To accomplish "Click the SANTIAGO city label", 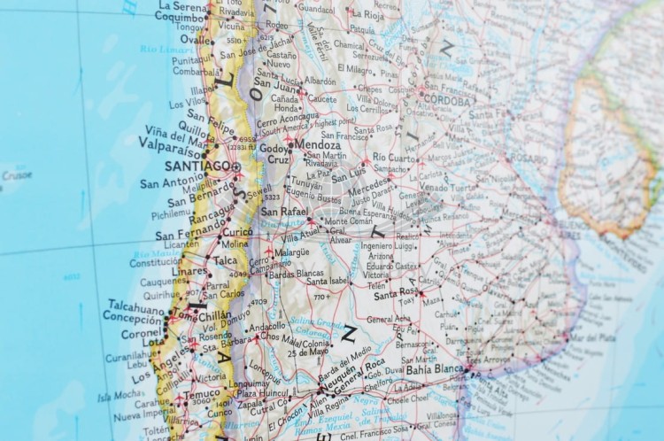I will [197, 166].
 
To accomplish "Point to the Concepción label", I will [132, 316].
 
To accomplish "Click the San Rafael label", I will [282, 212].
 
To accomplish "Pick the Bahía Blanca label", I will [435, 369].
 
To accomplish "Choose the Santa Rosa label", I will [395, 291].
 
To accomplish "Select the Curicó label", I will [236, 231].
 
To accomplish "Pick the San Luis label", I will [323, 174].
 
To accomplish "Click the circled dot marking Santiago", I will [236, 166].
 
